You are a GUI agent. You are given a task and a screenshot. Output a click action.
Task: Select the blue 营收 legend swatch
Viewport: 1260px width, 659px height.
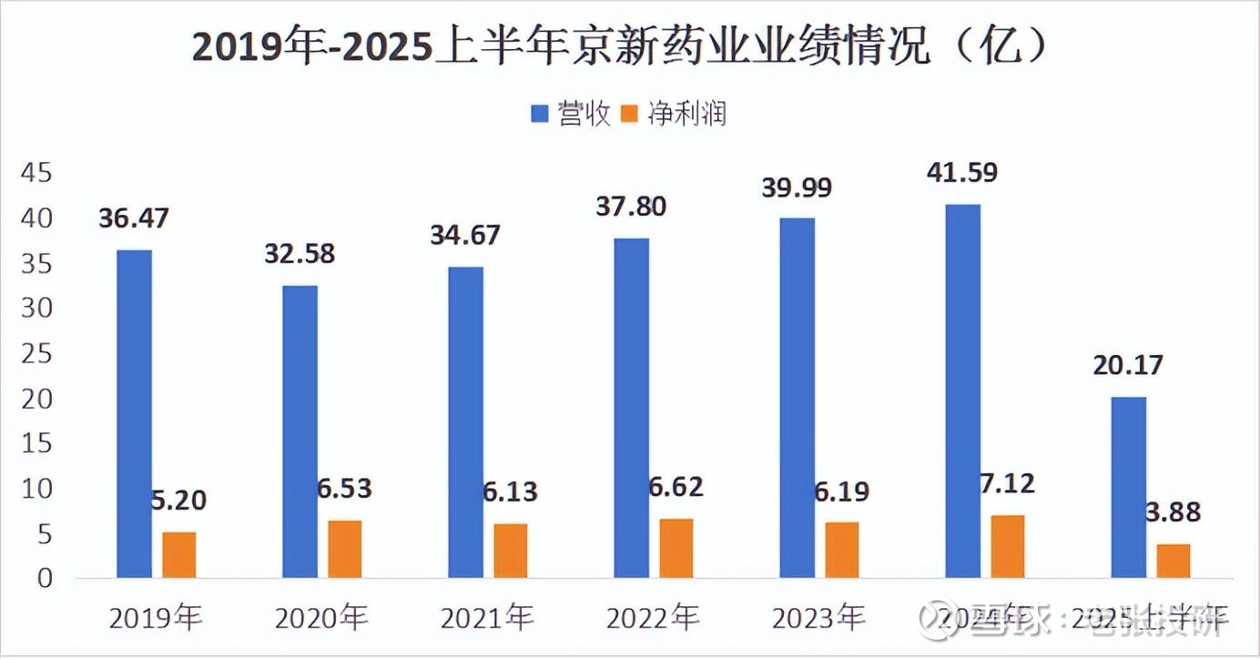pyautogui.click(x=539, y=115)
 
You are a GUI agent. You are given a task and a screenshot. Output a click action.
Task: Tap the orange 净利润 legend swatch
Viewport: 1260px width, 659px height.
pyautogui.click(x=629, y=115)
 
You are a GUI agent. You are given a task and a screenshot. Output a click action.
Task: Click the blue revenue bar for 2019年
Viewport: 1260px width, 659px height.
pyautogui.click(x=134, y=414)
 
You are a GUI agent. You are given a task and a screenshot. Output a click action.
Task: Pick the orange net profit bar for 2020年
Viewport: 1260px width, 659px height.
pyautogui.click(x=345, y=549)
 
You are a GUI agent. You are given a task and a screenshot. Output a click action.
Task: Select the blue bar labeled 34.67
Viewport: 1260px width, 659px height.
pyautogui.click(x=465, y=422)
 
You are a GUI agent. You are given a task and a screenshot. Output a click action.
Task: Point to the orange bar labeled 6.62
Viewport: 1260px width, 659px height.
pyautogui.click(x=676, y=548)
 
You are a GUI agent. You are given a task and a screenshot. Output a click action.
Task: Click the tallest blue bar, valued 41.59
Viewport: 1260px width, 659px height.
pyautogui.click(x=962, y=391)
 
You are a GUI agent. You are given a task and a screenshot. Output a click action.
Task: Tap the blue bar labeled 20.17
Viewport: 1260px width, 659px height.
pyautogui.click(x=1128, y=487)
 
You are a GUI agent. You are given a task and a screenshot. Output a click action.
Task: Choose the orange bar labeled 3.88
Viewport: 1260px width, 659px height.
pyautogui.click(x=1174, y=561)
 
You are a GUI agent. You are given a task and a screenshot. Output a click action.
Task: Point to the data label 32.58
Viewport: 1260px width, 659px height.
pyautogui.click(x=299, y=254)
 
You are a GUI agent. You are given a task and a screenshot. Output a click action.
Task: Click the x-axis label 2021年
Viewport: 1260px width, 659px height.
pyautogui.click(x=487, y=620)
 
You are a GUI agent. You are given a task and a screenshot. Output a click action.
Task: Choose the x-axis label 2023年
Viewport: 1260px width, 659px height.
pyautogui.click(x=818, y=620)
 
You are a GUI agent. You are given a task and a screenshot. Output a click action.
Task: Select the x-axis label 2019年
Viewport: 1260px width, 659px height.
pyautogui.click(x=156, y=620)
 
